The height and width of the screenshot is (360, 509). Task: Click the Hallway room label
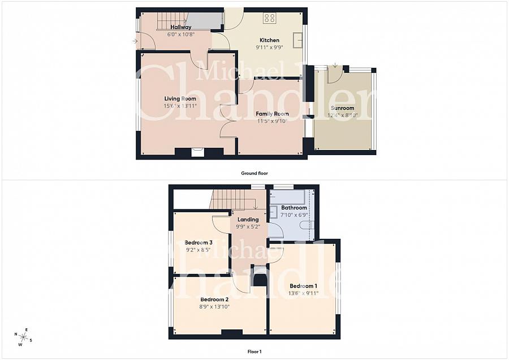181,27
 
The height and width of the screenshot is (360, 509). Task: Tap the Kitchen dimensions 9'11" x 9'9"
269,47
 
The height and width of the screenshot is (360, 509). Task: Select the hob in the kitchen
270,18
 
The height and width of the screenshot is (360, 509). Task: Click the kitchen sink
298,40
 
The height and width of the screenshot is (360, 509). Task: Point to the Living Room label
180,98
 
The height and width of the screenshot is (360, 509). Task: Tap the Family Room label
272,114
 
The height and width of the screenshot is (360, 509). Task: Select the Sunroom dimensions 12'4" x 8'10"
343,115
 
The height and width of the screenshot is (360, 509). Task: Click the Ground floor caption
255,173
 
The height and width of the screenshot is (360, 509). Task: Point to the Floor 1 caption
255,352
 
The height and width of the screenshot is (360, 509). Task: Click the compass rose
23,337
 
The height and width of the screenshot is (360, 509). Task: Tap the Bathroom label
294,207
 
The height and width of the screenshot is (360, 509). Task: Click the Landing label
248,220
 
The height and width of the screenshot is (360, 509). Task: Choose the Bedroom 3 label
199,242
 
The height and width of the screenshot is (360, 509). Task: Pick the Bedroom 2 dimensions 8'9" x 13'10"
215,306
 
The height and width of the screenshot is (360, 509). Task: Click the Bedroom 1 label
303,286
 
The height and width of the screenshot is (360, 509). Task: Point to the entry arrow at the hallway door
135,41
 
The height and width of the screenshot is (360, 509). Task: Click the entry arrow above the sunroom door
335,65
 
